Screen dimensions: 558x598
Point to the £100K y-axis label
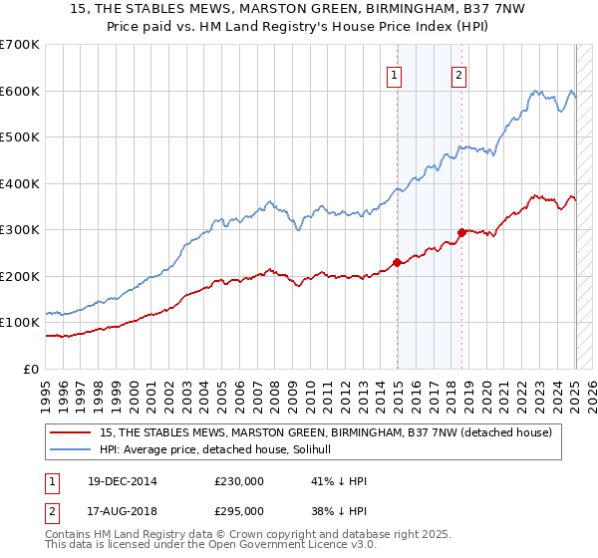19,323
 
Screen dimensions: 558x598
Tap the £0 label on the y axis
30,369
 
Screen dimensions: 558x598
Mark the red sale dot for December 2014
397,262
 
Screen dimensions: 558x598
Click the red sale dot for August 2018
461,232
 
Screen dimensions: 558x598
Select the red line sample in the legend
70,431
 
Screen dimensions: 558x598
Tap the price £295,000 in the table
238,510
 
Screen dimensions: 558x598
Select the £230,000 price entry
238,481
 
